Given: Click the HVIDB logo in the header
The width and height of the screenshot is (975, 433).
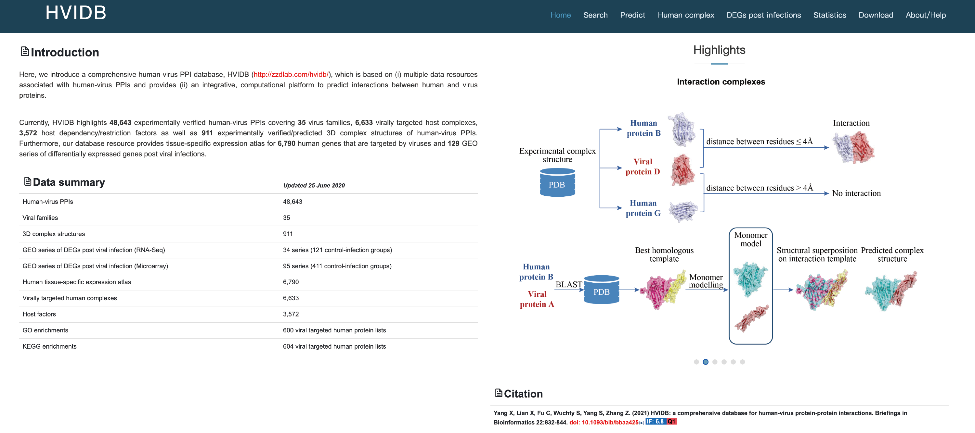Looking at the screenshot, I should click(76, 13).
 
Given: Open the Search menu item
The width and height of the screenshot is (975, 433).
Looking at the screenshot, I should click(595, 15).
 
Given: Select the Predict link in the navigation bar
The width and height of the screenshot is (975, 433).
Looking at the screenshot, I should click(632, 15).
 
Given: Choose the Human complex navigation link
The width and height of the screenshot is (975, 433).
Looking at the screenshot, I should click(685, 15).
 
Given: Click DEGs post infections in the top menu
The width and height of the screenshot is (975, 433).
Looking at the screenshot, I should click(763, 15).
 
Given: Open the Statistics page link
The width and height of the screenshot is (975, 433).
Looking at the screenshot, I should click(829, 15).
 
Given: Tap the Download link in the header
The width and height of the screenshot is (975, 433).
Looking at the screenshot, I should click(876, 15).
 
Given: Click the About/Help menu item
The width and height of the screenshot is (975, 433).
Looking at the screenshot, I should click(925, 15).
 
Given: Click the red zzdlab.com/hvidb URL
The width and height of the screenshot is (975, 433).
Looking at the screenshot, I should click(291, 75).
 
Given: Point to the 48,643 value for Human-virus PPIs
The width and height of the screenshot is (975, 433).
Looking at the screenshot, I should click(292, 202).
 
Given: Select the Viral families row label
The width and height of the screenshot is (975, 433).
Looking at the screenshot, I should click(40, 218).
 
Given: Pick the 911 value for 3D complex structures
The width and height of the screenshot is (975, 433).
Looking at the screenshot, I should click(288, 234).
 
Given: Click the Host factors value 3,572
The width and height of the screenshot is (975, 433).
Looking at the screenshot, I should click(291, 314).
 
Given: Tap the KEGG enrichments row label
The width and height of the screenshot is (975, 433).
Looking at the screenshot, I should click(49, 346).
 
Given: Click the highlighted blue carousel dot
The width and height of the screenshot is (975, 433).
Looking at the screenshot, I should click(706, 362).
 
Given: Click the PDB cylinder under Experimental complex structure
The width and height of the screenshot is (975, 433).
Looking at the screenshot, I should click(557, 183).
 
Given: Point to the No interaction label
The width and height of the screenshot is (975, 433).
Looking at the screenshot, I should click(856, 193).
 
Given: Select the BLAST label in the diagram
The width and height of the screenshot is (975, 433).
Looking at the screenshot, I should click(568, 284).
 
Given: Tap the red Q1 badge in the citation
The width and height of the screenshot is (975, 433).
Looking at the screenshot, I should click(671, 422).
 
